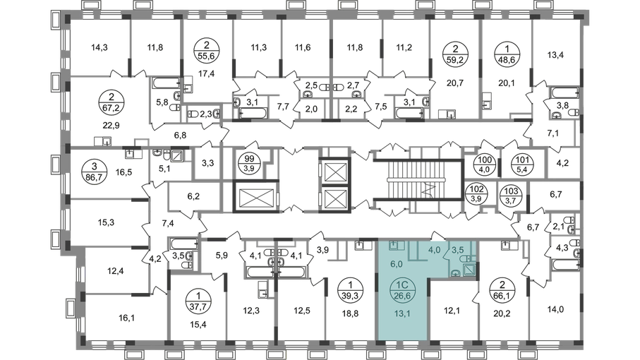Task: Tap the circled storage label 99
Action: (x=249, y=163)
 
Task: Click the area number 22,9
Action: (x=110, y=125)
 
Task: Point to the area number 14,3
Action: (x=99, y=47)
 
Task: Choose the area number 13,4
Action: (x=555, y=55)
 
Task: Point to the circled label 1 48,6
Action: (x=507, y=54)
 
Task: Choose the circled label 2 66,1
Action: (x=502, y=289)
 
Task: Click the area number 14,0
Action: (x=555, y=309)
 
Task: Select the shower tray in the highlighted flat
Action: (x=469, y=270)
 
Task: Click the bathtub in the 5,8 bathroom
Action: (x=166, y=83)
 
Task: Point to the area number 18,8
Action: (x=350, y=313)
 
